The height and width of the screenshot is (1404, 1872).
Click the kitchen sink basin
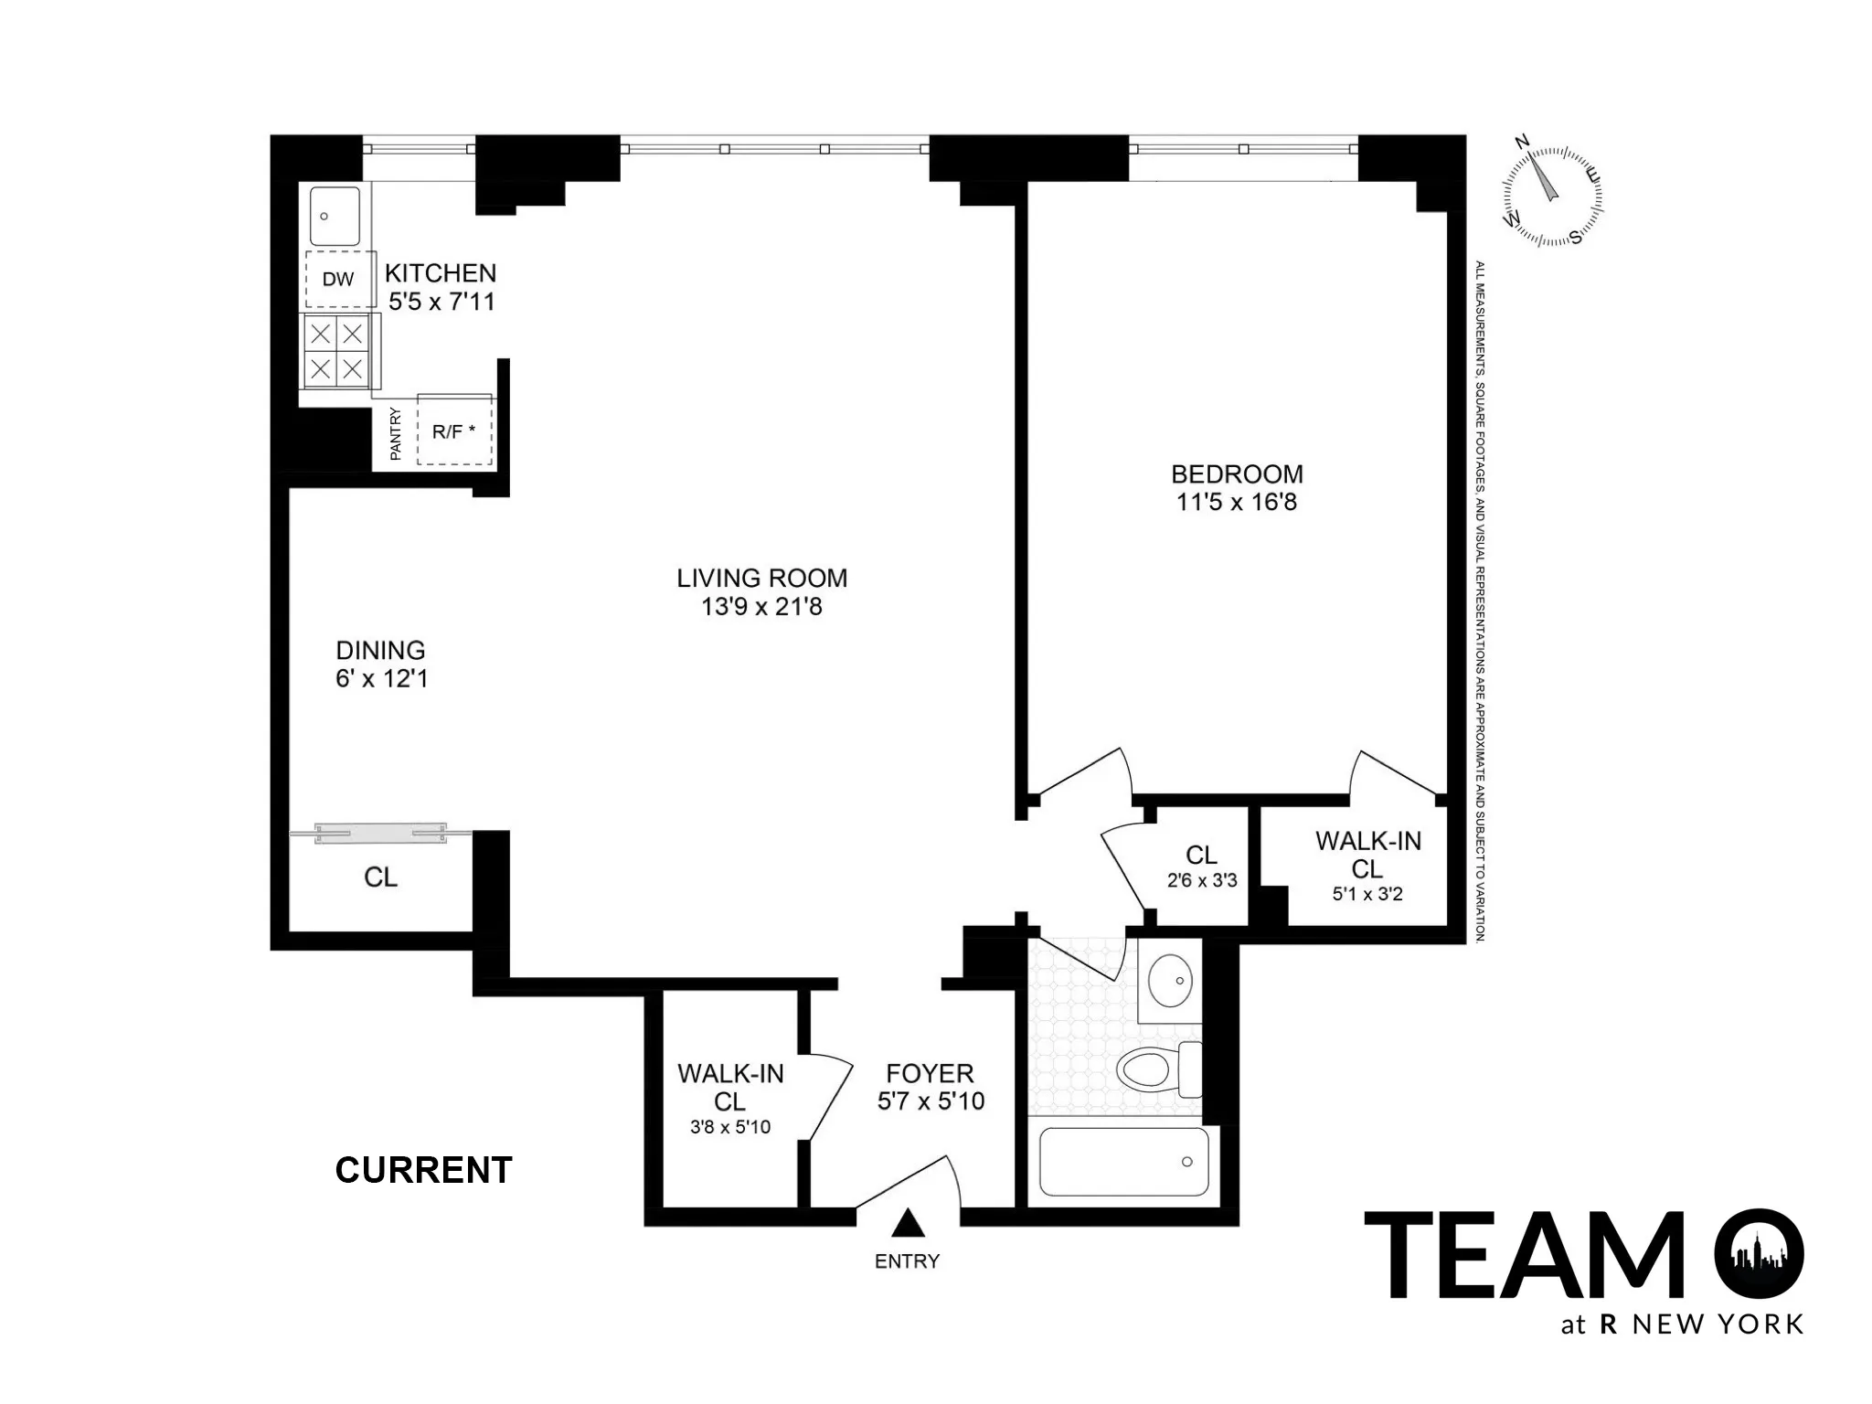tap(334, 216)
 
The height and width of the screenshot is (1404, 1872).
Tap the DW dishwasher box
tap(339, 279)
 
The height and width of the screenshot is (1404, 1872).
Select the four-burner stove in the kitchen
tap(335, 351)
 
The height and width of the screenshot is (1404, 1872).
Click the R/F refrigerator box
tap(454, 431)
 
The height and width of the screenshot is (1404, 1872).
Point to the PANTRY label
tap(396, 433)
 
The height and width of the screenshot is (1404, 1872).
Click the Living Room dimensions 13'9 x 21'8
tap(761, 607)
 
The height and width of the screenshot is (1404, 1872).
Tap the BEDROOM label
tap(1237, 473)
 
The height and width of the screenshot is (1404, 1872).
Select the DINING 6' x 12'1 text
tap(381, 665)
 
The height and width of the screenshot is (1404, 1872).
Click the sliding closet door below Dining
tap(380, 832)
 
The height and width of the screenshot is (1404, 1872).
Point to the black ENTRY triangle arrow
tap(907, 1223)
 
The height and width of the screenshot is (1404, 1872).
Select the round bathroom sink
tap(1169, 980)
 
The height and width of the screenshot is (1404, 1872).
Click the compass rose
tap(1552, 196)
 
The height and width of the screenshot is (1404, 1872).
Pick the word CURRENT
tap(423, 1170)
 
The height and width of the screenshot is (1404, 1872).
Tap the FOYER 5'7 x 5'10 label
tap(931, 1087)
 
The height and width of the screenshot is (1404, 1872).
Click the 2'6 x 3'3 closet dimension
tap(1201, 881)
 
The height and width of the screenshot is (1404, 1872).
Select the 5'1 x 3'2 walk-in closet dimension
tap(1367, 894)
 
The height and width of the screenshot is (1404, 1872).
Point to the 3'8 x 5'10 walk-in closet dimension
tap(729, 1127)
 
